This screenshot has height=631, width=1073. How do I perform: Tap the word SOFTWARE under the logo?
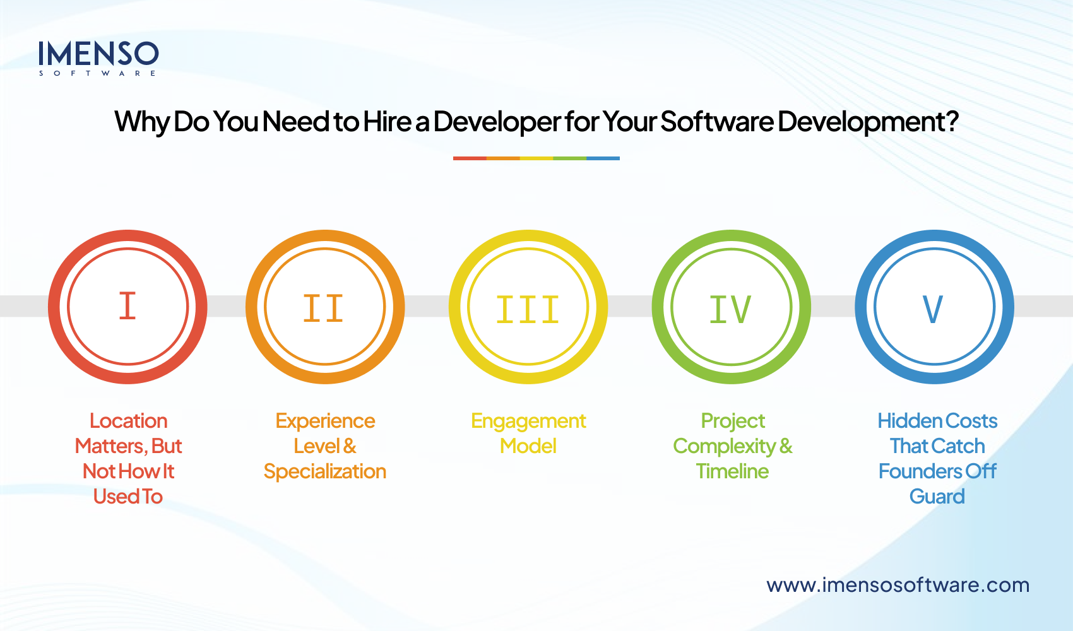pyautogui.click(x=97, y=74)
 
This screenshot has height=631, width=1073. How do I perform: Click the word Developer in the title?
pyautogui.click(x=497, y=122)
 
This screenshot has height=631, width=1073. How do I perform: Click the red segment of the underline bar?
pyautogui.click(x=470, y=158)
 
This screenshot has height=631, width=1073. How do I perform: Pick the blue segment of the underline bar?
pyautogui.click(x=603, y=158)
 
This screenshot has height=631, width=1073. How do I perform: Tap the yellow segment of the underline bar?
pyautogui.click(x=536, y=158)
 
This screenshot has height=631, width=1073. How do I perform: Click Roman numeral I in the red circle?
pyautogui.click(x=127, y=306)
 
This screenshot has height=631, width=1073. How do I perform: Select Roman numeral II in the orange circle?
pyautogui.click(x=323, y=309)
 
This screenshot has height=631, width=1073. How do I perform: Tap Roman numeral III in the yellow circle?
pyautogui.click(x=528, y=310)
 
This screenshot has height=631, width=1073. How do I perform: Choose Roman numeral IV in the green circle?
pyautogui.click(x=730, y=309)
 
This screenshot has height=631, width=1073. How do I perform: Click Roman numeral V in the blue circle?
pyautogui.click(x=933, y=309)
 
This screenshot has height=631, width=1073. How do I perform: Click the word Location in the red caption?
pyautogui.click(x=129, y=421)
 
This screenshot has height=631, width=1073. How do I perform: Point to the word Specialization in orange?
pyautogui.click(x=324, y=471)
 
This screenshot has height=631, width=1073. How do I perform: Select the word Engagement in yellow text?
pyautogui.click(x=528, y=421)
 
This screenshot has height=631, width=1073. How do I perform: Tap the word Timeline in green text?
pyautogui.click(x=732, y=471)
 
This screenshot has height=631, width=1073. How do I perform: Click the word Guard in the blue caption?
pyautogui.click(x=937, y=497)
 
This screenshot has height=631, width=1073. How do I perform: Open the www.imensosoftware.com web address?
pyautogui.click(x=898, y=585)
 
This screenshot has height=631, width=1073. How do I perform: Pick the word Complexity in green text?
pyautogui.click(x=724, y=447)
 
